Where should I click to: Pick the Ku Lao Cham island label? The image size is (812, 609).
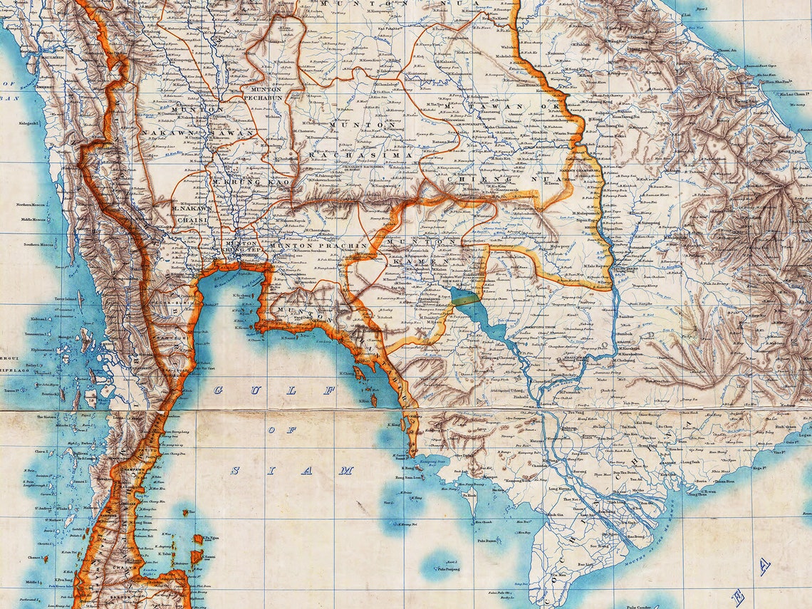click(783, 93)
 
